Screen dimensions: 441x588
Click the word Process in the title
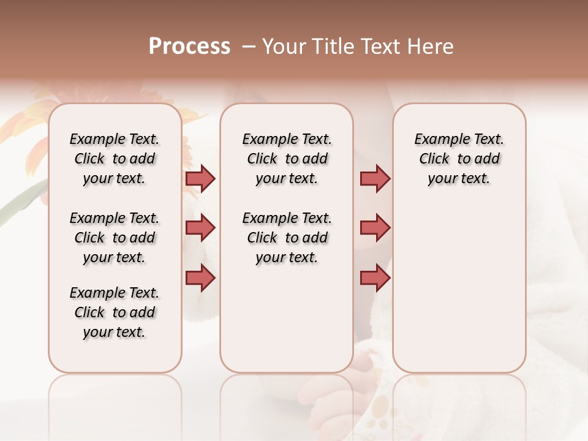pyautogui.click(x=189, y=47)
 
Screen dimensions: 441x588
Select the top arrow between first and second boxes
pyautogui.click(x=200, y=178)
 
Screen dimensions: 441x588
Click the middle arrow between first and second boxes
pyautogui.click(x=200, y=228)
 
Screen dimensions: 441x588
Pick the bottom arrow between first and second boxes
pyautogui.click(x=200, y=277)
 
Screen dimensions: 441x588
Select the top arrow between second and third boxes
pyautogui.click(x=375, y=178)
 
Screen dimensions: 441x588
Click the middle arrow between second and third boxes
pyautogui.click(x=375, y=228)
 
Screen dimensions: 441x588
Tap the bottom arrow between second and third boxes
pyautogui.click(x=375, y=277)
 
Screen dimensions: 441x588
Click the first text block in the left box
pyautogui.click(x=115, y=159)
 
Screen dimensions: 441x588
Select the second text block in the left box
pyautogui.click(x=115, y=238)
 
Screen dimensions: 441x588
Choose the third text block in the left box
pyautogui.click(x=115, y=312)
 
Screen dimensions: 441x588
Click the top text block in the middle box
pyautogui.click(x=287, y=159)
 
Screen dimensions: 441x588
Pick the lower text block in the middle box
pyautogui.click(x=287, y=238)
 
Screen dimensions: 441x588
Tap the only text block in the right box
pyautogui.click(x=459, y=159)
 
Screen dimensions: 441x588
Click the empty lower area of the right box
pyautogui.click(x=459, y=294)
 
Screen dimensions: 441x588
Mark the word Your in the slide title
pyautogui.click(x=282, y=47)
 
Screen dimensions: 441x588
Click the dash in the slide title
pyautogui.click(x=248, y=47)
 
